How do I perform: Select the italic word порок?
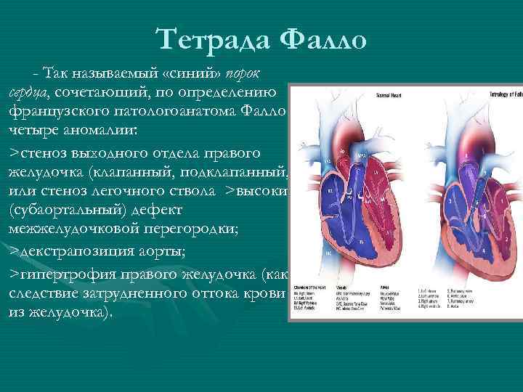pyautogui.click(x=246, y=74)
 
